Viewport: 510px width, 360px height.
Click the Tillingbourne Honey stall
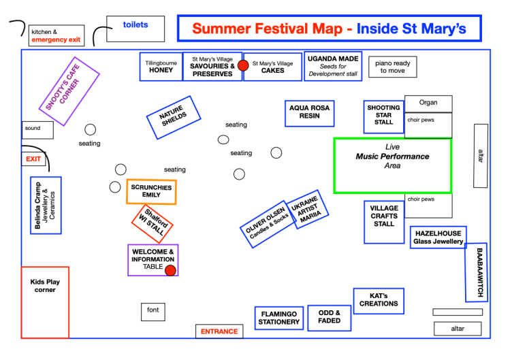pyautogui.click(x=161, y=67)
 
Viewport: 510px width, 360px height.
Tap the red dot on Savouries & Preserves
pyautogui.click(x=243, y=65)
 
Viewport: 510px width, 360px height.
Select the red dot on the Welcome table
pyautogui.click(x=171, y=270)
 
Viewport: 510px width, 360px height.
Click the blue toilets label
pyautogui.click(x=135, y=25)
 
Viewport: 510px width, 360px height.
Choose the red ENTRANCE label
pyautogui.click(x=219, y=331)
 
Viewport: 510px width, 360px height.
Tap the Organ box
pyautogui.click(x=428, y=103)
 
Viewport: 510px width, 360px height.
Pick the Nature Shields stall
pyautogui.click(x=173, y=117)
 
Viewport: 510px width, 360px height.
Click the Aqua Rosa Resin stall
pyautogui.click(x=310, y=112)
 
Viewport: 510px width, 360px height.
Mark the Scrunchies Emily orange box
pyautogui.click(x=151, y=191)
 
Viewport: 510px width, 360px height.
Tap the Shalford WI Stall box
pyautogui.click(x=152, y=223)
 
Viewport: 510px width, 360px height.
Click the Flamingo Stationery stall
pyautogui.click(x=279, y=318)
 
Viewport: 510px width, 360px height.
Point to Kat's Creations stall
pyautogui.click(x=379, y=300)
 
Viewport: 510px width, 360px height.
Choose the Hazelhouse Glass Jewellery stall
pyautogui.click(x=439, y=237)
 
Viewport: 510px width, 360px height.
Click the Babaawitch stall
pyautogui.click(x=477, y=272)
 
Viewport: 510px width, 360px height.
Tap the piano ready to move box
pyautogui.click(x=392, y=67)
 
